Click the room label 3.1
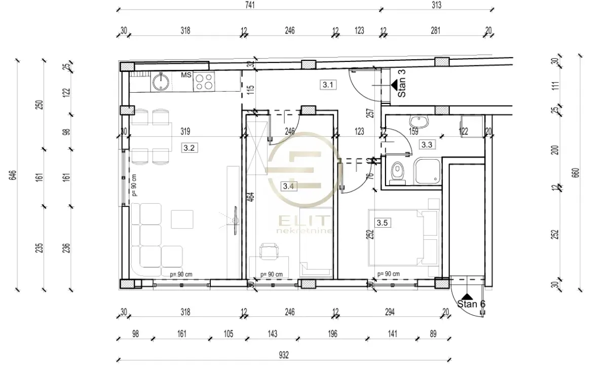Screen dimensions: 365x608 click(x=327, y=85)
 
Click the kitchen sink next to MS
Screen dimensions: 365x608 click(x=160, y=82)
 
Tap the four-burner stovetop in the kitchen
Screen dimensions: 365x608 click(x=204, y=82)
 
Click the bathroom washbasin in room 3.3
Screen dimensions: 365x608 click(x=419, y=121)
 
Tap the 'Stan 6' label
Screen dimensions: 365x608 click(x=472, y=304)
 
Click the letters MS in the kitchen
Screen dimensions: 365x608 click(x=186, y=75)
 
